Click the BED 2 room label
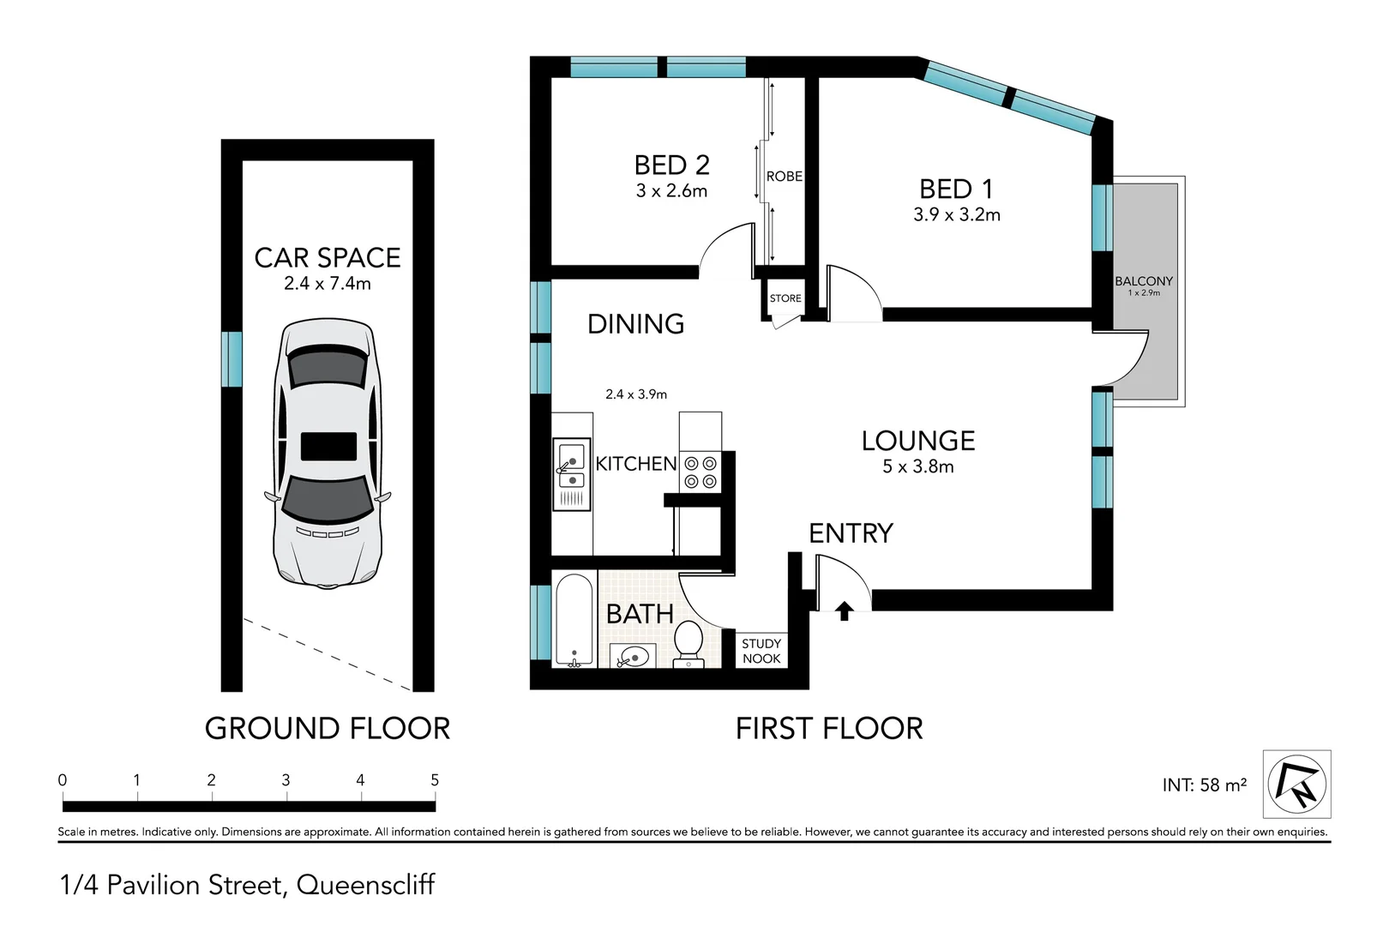pos(671,165)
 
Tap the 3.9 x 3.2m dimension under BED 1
pos(956,214)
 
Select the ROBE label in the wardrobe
pos(784,176)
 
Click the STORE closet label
pos(785,298)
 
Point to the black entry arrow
pos(845,610)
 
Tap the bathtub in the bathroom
pos(574,619)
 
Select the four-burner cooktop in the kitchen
pos(701,472)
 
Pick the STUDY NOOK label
pos(761,651)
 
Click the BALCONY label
pos(1144,281)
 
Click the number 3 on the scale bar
pos(286,780)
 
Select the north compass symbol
pos(1296,784)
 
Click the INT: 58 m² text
pos(1204,785)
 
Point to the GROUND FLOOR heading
pos(327,729)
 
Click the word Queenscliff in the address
pos(365,885)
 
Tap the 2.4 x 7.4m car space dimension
pos(328,283)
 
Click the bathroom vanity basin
pos(634,658)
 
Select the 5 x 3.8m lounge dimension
pos(917,466)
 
